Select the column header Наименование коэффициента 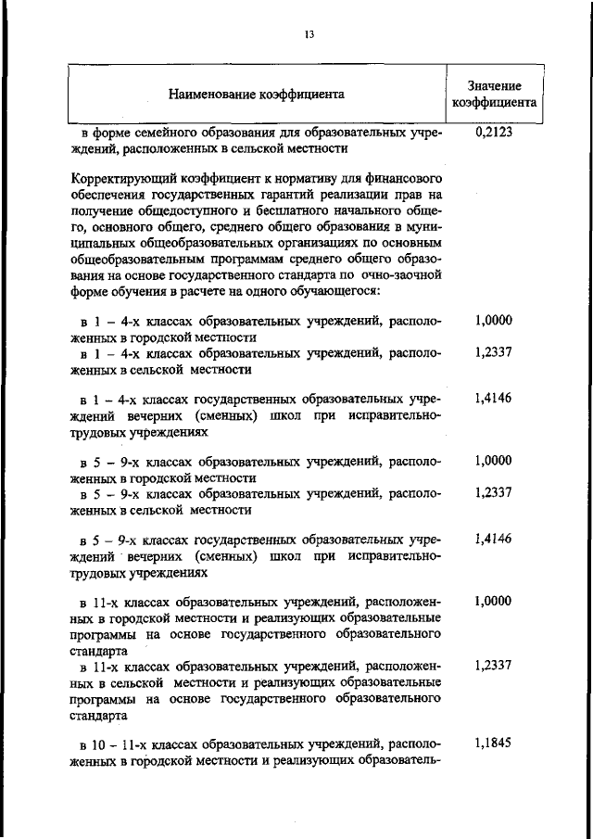pos(257,94)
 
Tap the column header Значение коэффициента pos(494,94)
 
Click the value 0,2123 pos(493,133)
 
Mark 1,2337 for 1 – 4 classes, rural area pos(493,352)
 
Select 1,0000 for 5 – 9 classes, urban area pos(493,460)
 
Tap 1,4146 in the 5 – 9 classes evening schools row pos(493,539)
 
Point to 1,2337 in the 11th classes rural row pos(493,666)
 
